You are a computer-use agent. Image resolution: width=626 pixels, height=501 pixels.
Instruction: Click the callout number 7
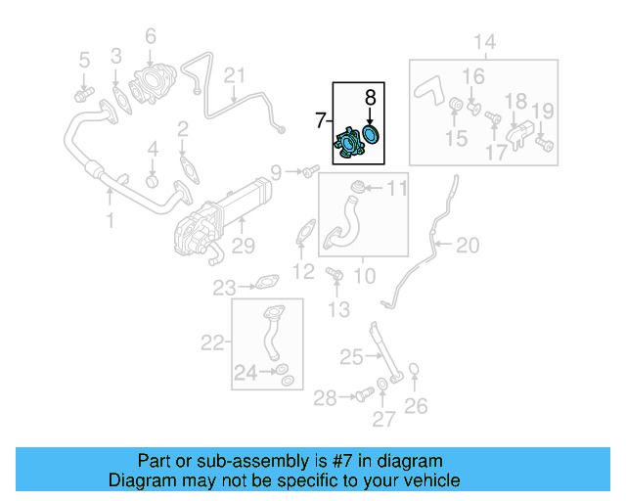click(x=320, y=120)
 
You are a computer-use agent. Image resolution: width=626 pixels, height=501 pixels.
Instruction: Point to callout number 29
click(x=243, y=245)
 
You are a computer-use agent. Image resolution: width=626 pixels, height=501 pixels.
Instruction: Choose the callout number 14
click(x=485, y=41)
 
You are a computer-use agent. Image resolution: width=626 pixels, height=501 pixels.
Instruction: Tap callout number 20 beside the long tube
click(x=468, y=245)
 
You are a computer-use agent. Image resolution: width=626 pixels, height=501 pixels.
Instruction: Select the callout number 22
click(x=212, y=342)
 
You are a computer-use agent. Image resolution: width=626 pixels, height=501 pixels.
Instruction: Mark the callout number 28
click(x=325, y=396)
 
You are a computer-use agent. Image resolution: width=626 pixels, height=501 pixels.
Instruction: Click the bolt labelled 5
click(x=82, y=94)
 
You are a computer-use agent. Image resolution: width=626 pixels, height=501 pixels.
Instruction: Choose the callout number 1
click(x=110, y=221)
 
